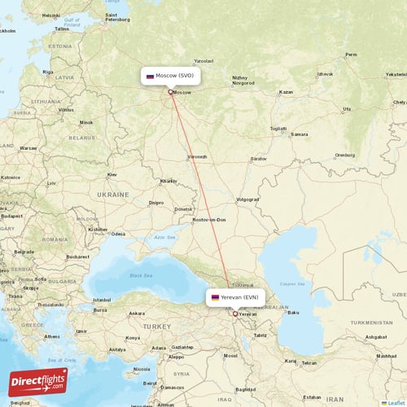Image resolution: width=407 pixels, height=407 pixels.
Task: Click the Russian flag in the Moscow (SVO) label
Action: tap(151, 76)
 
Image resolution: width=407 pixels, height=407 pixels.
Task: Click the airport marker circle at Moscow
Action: tap(170, 92)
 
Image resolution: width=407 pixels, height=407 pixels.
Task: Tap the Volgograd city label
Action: tap(247, 199)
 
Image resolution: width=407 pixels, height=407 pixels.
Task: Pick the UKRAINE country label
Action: tap(113, 195)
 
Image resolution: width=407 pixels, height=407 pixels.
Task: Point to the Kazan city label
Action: tap(286, 92)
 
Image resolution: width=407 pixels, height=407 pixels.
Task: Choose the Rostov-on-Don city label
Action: tap(210, 220)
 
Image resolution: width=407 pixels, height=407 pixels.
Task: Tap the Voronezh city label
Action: tap(198, 156)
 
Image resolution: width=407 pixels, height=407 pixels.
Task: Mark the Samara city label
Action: tap(300, 133)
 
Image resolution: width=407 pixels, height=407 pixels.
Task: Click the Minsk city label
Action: tap(86, 123)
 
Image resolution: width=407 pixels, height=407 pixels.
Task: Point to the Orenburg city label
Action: tap(345, 155)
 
